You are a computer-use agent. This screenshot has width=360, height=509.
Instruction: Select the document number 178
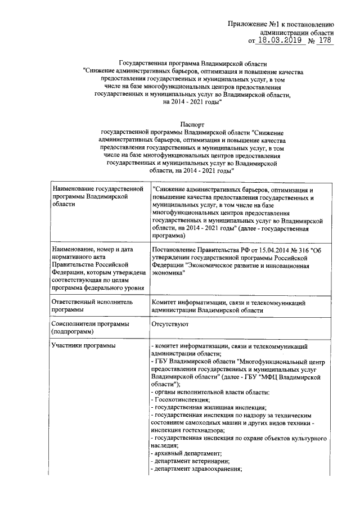[325, 40]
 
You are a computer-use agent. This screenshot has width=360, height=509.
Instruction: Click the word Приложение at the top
[249, 24]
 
